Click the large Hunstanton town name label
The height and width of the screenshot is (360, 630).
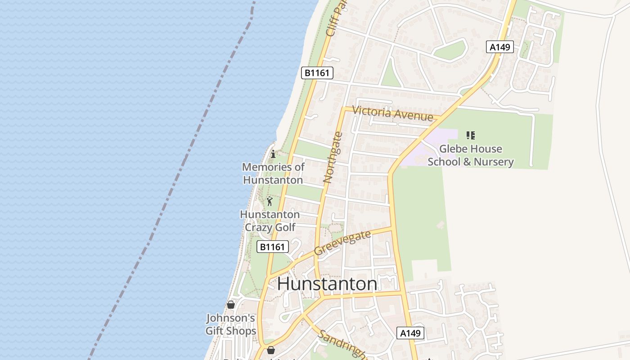click(x=327, y=284)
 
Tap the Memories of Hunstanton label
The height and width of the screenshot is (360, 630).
click(x=273, y=173)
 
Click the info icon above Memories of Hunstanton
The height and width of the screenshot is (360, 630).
click(x=273, y=154)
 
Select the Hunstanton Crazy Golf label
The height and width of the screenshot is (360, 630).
click(x=270, y=220)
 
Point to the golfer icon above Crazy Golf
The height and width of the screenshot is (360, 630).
click(x=270, y=201)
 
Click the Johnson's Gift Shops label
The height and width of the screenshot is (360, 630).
click(x=231, y=324)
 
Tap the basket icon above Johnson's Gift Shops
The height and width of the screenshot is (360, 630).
click(x=231, y=305)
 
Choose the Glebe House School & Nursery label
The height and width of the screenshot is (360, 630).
click(x=471, y=155)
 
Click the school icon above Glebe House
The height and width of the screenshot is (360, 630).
click(x=471, y=135)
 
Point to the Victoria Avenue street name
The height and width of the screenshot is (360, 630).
click(x=392, y=113)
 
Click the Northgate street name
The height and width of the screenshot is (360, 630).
click(x=333, y=157)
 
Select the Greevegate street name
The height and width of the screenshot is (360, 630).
click(x=342, y=243)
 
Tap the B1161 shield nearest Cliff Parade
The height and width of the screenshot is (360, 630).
click(x=317, y=73)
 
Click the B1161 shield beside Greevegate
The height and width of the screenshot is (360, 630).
click(x=273, y=247)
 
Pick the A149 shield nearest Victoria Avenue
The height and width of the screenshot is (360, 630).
click(x=499, y=47)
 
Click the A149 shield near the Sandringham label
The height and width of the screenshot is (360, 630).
click(x=410, y=333)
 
